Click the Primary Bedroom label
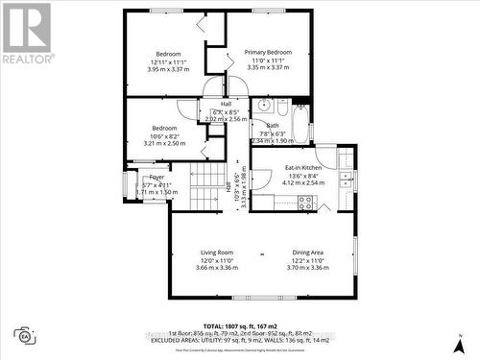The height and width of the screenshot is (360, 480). point(268,52)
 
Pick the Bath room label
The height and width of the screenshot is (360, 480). point(273,126)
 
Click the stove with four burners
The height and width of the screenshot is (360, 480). point(306,203)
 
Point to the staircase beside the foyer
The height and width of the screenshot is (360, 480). point(205,186)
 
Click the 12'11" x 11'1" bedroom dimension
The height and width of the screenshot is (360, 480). point(173,61)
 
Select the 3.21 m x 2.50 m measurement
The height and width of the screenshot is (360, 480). point(164,143)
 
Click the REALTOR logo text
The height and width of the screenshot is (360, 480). point(26,59)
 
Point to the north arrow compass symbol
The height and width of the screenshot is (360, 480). point(462,342)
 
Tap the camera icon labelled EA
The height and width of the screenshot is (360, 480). point(23,335)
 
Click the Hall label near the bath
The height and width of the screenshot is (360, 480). point(227,104)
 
